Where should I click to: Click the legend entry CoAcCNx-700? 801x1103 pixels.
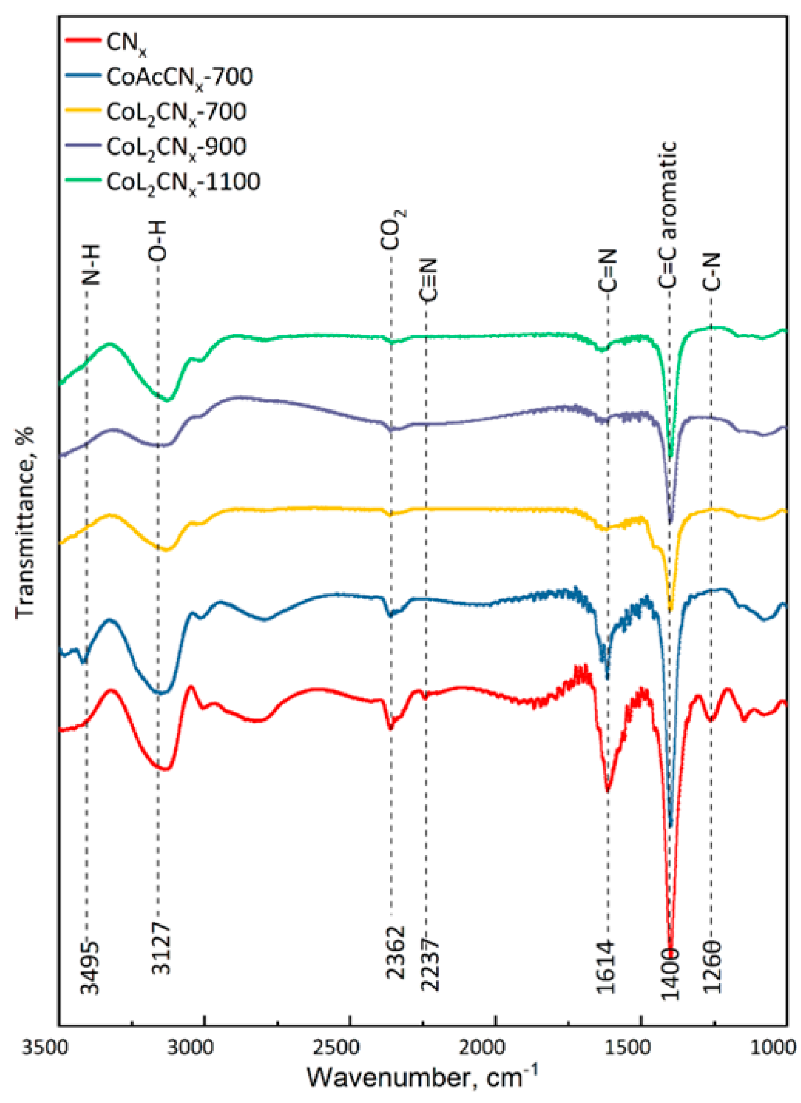pos(179,77)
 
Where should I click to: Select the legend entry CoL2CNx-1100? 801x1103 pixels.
pos(183,182)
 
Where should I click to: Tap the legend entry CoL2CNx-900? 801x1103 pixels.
pos(176,148)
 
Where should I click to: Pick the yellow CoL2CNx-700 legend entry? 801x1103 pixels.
pos(176,112)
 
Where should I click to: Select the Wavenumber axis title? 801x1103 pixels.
pos(422,1077)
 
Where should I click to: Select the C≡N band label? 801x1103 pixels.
pos(428,280)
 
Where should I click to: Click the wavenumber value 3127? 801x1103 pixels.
pos(161,948)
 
